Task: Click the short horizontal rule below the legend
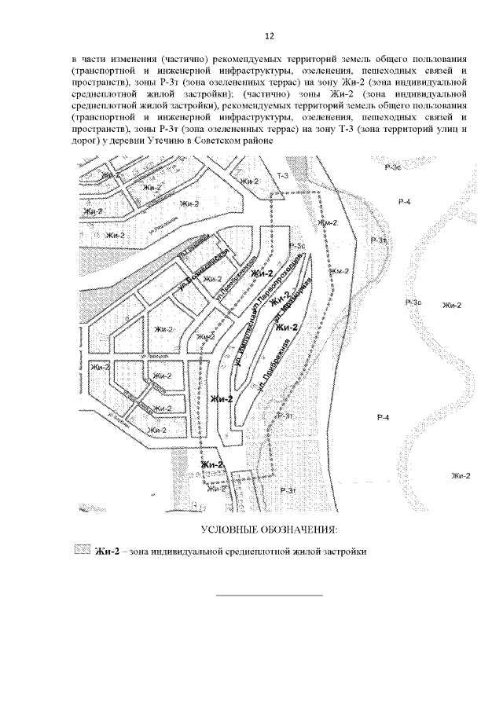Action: tap(269, 595)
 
